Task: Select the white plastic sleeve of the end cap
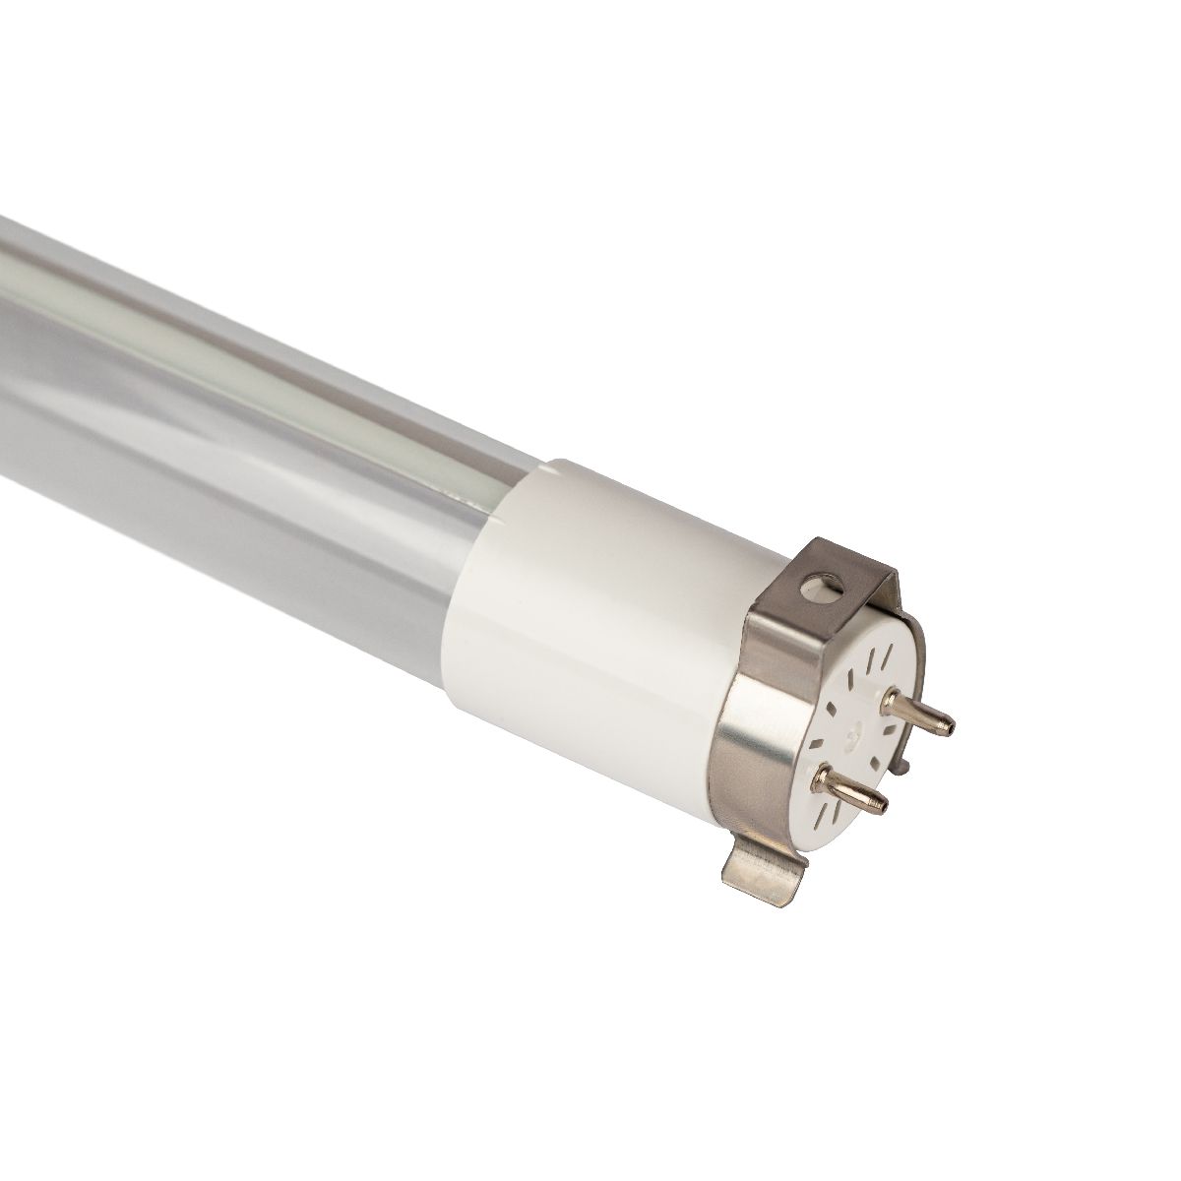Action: click(x=610, y=630)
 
